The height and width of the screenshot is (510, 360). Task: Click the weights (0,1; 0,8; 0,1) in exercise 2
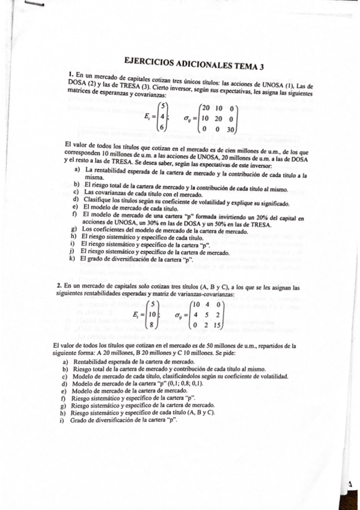[x=212, y=383]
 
